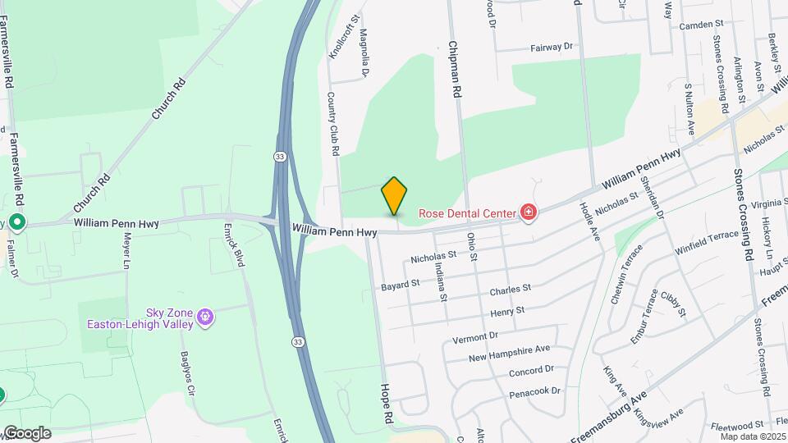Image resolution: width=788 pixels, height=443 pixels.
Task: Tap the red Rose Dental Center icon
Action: point(529,213)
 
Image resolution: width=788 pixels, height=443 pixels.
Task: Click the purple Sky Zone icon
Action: point(204,317)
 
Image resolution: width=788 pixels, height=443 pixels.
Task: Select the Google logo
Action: point(26,433)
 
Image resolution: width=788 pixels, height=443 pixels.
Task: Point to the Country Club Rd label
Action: point(333,124)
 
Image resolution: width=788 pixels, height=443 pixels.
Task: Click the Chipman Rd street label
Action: point(454,70)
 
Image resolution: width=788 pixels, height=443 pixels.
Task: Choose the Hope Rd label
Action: point(386,404)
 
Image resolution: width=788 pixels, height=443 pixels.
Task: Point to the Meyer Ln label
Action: point(127,251)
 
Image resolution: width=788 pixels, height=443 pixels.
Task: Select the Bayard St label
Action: point(401,285)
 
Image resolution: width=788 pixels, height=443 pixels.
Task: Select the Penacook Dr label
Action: point(534,390)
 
